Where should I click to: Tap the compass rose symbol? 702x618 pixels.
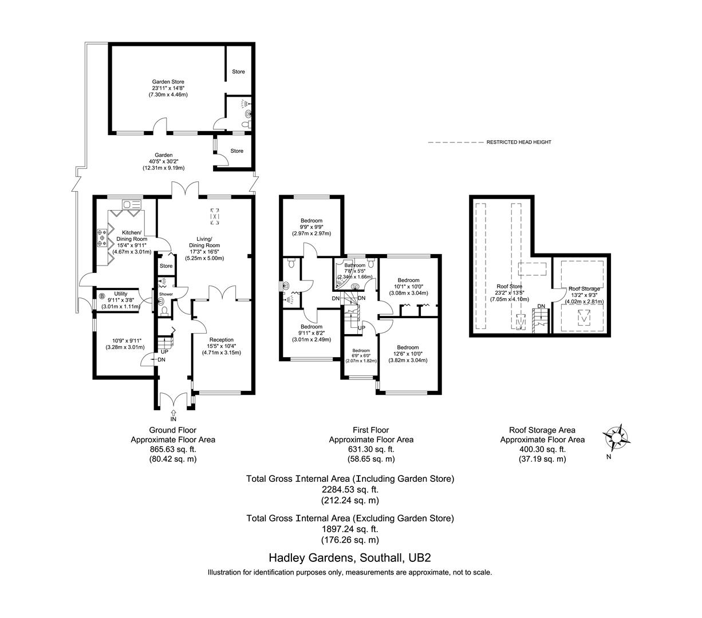tap(617, 438)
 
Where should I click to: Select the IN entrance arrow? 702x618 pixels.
tap(173, 415)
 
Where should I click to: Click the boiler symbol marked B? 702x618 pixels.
tap(102, 296)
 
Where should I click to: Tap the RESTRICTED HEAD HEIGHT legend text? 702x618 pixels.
tap(519, 142)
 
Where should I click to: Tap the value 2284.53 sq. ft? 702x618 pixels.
tap(349, 490)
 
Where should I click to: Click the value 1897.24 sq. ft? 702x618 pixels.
tap(349, 529)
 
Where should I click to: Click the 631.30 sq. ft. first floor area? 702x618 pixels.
tap(370, 450)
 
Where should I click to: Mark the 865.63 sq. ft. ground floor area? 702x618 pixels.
tap(173, 450)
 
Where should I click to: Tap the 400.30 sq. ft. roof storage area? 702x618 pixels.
tap(542, 450)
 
